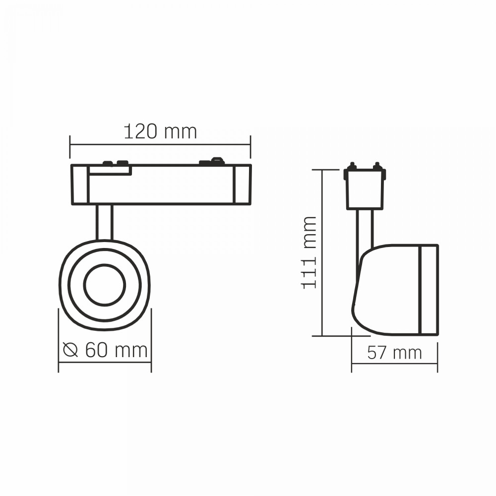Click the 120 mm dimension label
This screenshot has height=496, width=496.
[x=160, y=131]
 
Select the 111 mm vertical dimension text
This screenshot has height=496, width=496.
[x=309, y=252]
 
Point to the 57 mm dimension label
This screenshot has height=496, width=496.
[x=394, y=352]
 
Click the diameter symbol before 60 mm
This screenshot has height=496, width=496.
[x=70, y=350]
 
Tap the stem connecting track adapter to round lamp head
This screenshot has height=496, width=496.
[x=104, y=222]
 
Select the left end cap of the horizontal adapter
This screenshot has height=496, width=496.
[x=80, y=185]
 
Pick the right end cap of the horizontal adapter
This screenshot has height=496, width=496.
[x=243, y=185]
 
